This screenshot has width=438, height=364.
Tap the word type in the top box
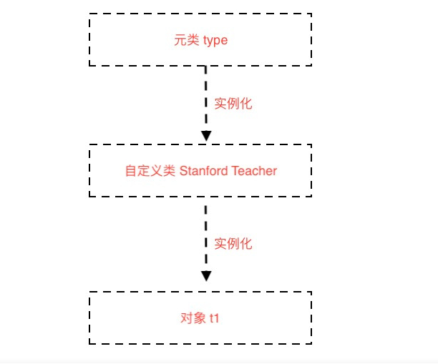(215, 40)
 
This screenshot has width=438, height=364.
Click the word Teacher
(254, 171)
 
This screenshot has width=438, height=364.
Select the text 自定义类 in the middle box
(149, 171)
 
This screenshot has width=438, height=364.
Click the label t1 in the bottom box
(214, 318)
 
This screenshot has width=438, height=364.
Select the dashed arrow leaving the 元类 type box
(206, 97)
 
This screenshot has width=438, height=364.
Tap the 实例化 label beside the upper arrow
(233, 103)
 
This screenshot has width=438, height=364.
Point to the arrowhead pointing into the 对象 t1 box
(206, 276)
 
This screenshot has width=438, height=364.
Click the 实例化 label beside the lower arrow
(233, 243)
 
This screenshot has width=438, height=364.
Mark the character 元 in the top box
(180, 40)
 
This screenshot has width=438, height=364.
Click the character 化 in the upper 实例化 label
(246, 103)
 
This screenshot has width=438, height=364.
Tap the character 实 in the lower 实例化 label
(220, 243)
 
